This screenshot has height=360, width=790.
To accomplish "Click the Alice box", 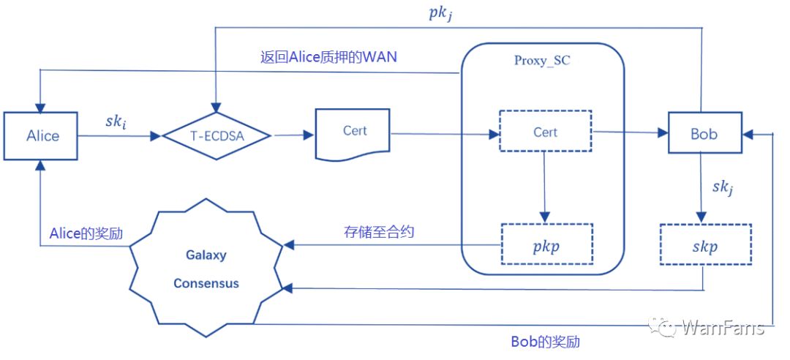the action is tap(41, 135).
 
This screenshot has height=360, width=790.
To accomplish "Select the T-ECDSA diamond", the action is tap(216, 135).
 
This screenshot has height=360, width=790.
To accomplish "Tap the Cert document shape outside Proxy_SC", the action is tap(353, 134).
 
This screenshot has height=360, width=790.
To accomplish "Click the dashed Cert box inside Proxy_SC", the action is tap(546, 132).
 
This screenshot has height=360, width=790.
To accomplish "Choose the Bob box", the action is tap(705, 133).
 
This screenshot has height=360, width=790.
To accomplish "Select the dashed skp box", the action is tap(705, 244).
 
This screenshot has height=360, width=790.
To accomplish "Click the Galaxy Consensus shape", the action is tap(206, 269).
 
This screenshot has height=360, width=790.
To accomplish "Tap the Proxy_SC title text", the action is tap(541, 61).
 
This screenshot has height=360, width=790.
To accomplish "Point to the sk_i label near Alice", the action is tap(116, 122).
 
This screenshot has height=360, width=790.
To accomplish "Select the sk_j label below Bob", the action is tap(723, 187).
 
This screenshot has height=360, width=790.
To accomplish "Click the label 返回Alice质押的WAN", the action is tap(328, 57).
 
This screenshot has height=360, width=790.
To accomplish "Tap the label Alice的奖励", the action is tap(86, 233).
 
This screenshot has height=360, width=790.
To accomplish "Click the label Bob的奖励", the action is tap(545, 342).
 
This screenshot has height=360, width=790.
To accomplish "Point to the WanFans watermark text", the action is tap(723, 329).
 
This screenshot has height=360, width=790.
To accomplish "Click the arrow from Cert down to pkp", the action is tap(544, 187).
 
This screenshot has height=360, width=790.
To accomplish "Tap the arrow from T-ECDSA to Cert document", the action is tap(293, 135).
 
